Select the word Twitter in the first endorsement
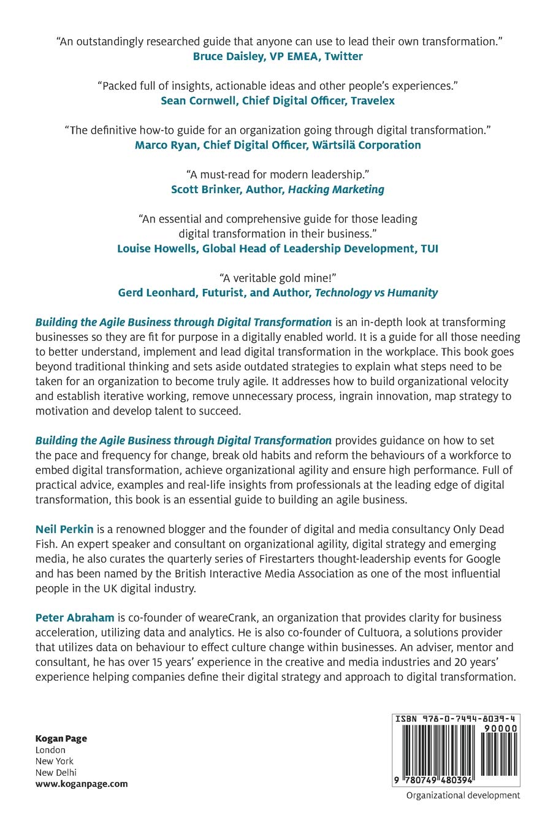pos(343,56)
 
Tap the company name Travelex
pos(373,101)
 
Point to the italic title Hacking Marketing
pos(336,189)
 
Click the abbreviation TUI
pos(428,248)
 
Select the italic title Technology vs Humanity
pos(376,293)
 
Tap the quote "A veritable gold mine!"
pos(278,278)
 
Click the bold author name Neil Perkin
pos(64,529)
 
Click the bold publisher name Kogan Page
pos(61,738)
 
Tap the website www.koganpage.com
pos(82,783)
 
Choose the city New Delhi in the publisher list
pos(56,772)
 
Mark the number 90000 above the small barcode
pos(500,729)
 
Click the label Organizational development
pos(463,795)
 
